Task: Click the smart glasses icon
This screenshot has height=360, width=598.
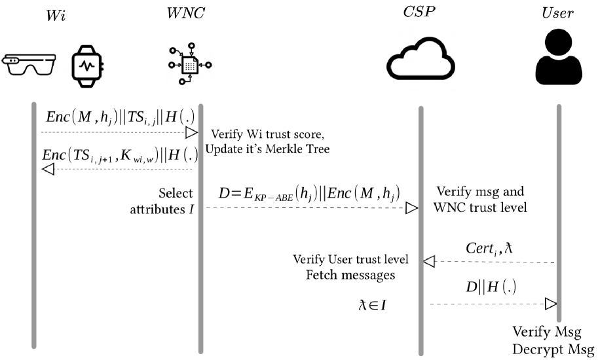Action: pos(29,64)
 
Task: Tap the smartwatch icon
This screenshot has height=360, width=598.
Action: pos(87,65)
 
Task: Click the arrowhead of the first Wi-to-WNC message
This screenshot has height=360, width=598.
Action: pos(191,133)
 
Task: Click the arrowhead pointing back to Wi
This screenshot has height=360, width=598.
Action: pos(47,170)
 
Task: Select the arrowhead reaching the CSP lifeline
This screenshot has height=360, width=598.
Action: pos(411,207)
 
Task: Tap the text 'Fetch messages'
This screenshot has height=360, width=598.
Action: pos(350,275)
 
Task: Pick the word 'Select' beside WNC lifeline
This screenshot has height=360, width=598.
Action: pos(176,193)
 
